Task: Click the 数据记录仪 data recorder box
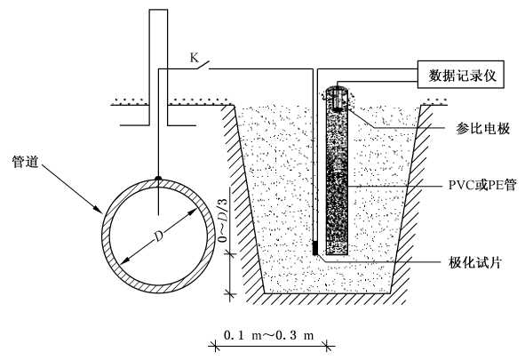pos(460,75)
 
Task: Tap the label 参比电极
pos(482,128)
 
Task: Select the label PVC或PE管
pos(482,185)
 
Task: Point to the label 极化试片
pos(475,262)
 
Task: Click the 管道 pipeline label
pos(26,162)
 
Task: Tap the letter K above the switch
pos(195,58)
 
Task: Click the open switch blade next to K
pos(203,65)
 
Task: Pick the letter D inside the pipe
pos(158,236)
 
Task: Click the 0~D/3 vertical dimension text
pos(223,220)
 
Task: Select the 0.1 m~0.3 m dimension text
pos(268,335)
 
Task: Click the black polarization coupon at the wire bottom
pos(315,248)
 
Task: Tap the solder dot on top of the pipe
pos(158,178)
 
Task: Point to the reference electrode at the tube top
pos(338,99)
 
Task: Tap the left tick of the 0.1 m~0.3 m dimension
pos(214,345)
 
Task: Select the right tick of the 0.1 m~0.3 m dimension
pos(330,345)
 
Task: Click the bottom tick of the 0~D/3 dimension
pos(229,294)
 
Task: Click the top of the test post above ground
pos(158,10)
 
